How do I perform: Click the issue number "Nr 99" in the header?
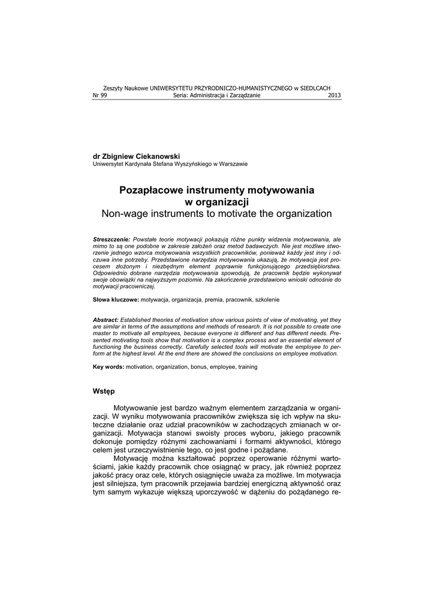[x=100, y=95]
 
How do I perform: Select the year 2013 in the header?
[x=334, y=95]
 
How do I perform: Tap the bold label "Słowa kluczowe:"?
[x=116, y=299]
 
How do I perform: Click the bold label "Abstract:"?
[x=106, y=320]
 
